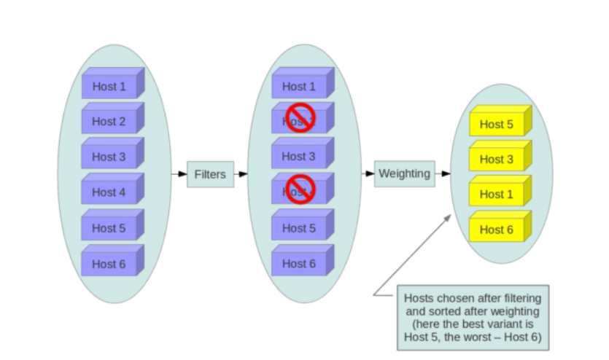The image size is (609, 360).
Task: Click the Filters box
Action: coord(211,174)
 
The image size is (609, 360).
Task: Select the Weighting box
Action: coord(405,174)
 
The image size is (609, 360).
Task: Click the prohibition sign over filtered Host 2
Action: coord(300,117)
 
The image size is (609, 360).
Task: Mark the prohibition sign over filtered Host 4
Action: coord(300,189)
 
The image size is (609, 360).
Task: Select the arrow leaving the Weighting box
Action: coord(443,174)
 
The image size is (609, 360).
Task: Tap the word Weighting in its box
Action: coord(404,174)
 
